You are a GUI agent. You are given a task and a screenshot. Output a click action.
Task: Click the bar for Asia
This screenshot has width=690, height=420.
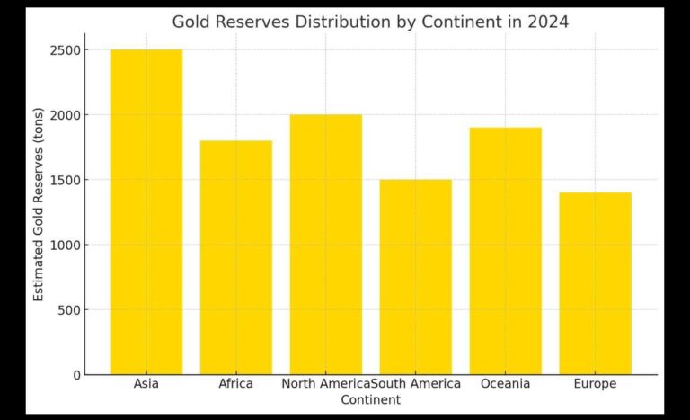coord(146,211)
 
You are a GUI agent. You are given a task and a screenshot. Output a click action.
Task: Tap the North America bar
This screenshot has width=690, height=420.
coord(325,244)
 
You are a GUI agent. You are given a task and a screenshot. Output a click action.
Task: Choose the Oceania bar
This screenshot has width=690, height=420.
coord(505,251)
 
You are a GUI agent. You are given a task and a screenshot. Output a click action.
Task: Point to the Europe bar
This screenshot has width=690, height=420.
coord(595,283)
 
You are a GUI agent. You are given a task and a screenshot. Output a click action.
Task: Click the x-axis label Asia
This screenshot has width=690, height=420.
coord(146,384)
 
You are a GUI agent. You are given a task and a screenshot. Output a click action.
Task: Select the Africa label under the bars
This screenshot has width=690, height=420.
coord(235,384)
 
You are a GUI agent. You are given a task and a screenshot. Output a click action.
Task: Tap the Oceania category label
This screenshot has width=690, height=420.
coord(505,384)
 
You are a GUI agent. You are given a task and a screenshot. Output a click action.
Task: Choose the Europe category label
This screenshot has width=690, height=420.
coord(595,384)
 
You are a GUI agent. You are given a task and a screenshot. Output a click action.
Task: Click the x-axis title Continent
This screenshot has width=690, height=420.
coord(370,399)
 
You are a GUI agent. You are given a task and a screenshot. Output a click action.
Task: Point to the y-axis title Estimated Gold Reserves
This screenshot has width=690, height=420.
coord(39,212)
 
